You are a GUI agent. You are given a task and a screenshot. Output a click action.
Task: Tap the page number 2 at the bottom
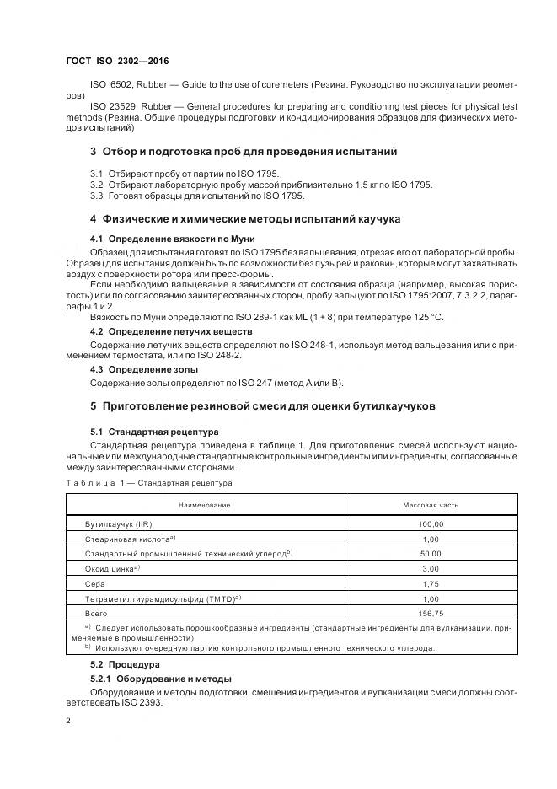pos(68,721)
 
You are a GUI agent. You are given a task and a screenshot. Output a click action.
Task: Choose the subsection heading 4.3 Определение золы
pos(144,369)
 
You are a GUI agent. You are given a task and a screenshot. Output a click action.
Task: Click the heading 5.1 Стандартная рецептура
pos(154,431)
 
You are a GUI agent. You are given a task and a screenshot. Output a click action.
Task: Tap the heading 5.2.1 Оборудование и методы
pos(161,679)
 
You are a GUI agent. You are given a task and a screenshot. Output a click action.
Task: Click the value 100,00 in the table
pos(431,523)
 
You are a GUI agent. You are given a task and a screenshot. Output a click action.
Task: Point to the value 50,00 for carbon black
pos(431,553)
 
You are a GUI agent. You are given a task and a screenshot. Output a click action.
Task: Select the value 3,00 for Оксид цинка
pos(431,568)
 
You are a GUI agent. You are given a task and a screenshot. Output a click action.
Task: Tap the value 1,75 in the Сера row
pos(431,583)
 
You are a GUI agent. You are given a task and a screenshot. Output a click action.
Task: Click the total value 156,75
pos(431,614)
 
